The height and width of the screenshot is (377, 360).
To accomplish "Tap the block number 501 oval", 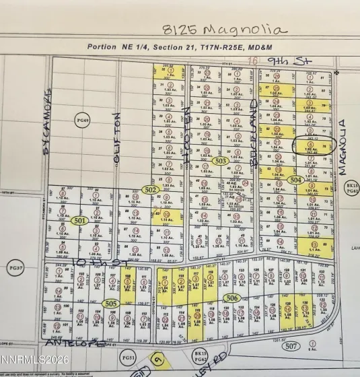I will click(x=79, y=220).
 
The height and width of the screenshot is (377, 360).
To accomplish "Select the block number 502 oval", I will click(x=151, y=191).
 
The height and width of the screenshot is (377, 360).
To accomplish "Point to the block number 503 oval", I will click(x=220, y=162).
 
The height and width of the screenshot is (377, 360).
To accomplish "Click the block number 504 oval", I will click(x=295, y=180).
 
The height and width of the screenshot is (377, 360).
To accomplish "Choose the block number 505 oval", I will click(x=112, y=304).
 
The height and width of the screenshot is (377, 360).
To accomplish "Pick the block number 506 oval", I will click(x=232, y=297).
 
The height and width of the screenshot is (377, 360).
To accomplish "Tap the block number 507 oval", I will click(x=291, y=347).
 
